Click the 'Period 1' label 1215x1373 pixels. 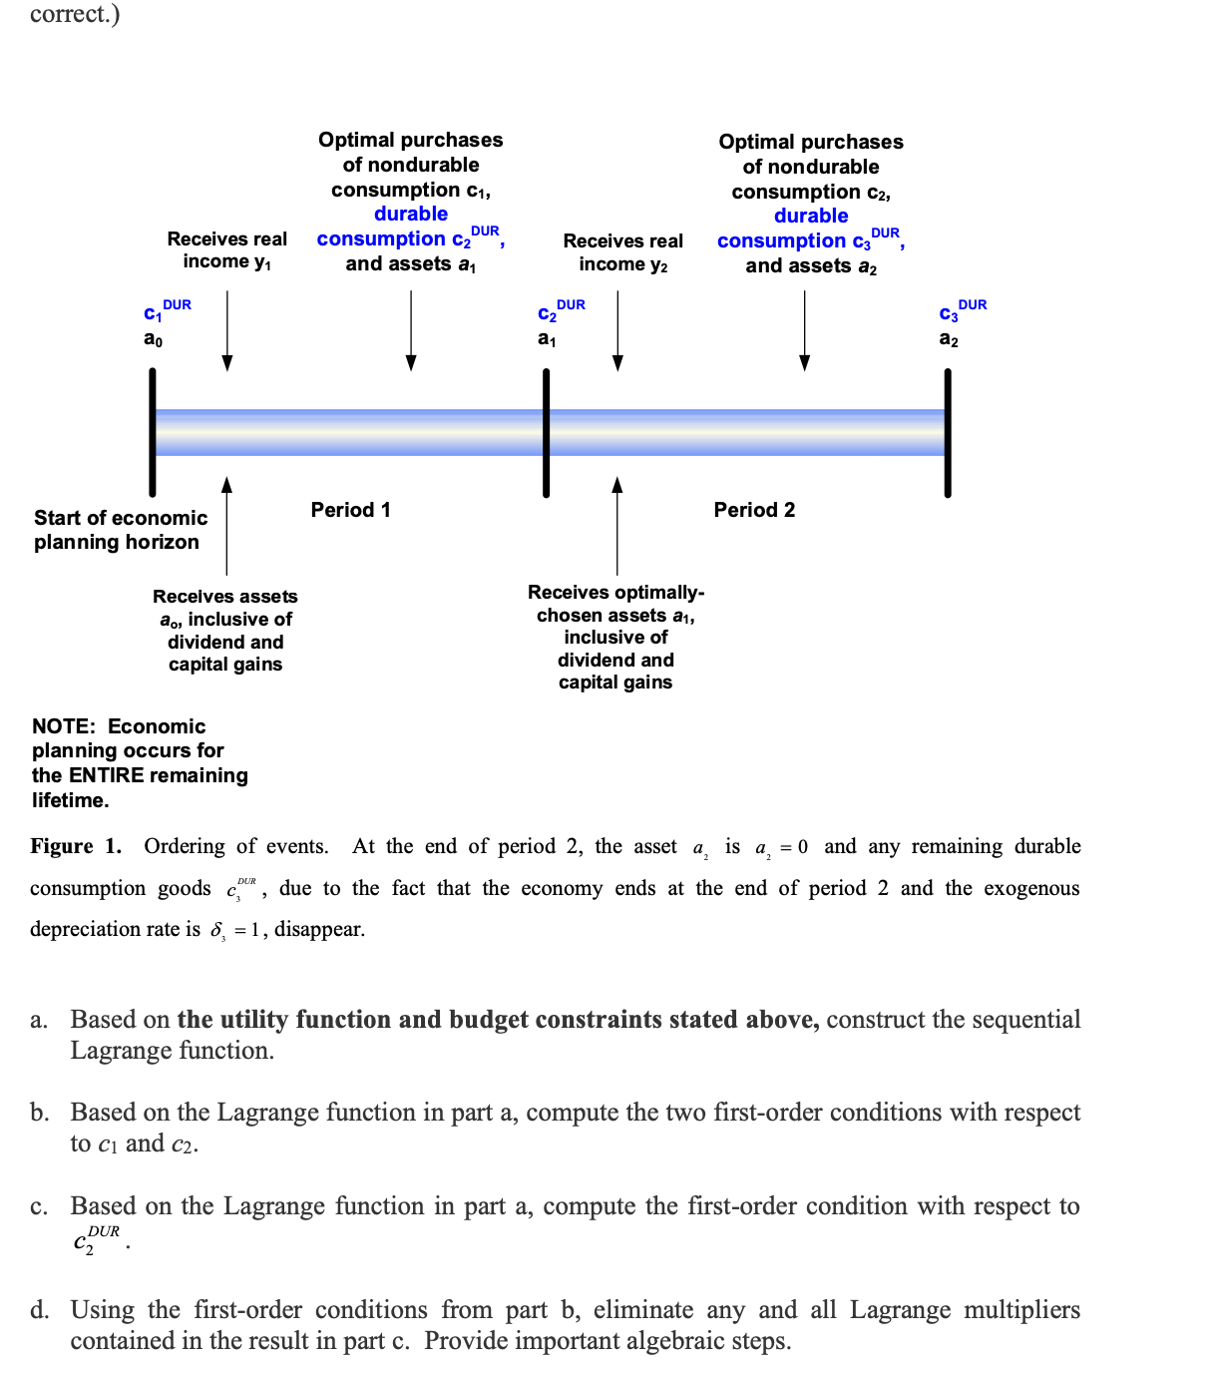350,510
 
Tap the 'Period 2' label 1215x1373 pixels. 754,510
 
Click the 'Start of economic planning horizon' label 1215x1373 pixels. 120,530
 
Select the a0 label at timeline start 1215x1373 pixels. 153,339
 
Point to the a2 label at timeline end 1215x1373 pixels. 949,339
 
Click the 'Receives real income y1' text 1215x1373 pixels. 226,250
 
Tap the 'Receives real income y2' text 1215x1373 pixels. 622,252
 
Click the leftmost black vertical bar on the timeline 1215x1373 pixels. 153,432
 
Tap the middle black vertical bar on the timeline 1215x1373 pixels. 546,432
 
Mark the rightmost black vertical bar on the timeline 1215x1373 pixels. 948,432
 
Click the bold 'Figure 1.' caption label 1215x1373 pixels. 76,846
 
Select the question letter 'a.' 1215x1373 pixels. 39,1020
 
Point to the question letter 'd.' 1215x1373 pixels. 39,1310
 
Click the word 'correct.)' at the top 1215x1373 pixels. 75,14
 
